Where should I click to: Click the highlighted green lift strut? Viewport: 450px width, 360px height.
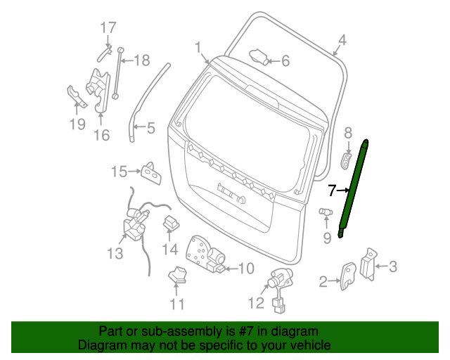pos(353,189)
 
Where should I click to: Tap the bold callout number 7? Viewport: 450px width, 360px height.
pos(332,191)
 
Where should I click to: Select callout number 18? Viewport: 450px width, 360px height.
pos(142,60)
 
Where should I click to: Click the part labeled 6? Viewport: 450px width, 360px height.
pos(259,56)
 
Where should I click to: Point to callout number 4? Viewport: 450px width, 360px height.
pos(342,40)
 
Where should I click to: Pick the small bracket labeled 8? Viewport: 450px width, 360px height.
pos(346,161)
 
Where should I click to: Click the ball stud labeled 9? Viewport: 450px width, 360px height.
pos(326,212)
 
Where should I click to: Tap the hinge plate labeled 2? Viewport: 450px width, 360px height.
pos(348,276)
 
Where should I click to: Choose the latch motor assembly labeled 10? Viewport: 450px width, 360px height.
pos(206,254)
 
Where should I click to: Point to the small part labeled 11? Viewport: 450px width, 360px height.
pos(177,274)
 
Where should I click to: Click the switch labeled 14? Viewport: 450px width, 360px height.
pos(172,222)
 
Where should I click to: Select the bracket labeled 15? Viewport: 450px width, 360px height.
pos(151,173)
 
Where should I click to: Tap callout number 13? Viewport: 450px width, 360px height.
pos(115,254)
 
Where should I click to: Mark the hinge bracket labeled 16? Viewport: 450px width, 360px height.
pos(98,91)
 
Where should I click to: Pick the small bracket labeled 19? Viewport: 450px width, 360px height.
pos(77,97)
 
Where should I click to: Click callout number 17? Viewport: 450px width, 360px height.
pos(108,28)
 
